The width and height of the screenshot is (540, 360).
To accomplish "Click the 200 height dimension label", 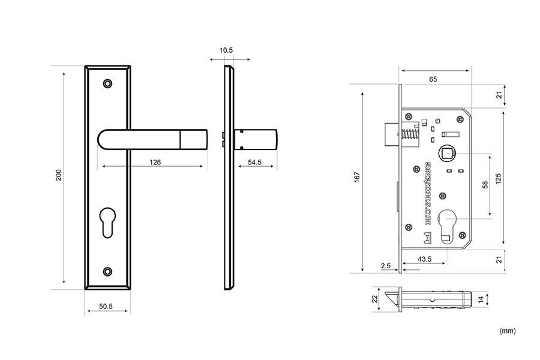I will click(58, 175).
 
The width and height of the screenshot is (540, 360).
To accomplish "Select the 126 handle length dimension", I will click(155, 162).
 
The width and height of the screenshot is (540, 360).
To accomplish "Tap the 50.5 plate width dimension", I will click(106, 307).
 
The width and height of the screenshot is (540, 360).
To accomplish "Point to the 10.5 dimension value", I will click(226, 50).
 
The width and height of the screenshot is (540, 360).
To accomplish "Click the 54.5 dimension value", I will click(254, 162).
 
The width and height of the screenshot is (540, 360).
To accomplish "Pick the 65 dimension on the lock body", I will click(433, 79).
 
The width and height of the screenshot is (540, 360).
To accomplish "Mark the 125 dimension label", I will click(498, 178).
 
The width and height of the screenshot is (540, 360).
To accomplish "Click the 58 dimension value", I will click(485, 185).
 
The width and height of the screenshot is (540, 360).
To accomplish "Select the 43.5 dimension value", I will click(425, 259).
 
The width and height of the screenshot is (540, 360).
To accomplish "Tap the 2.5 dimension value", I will click(385, 265).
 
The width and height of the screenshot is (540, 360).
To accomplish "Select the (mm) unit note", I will click(507, 331).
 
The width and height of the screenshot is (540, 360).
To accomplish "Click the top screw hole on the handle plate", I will click(108, 83).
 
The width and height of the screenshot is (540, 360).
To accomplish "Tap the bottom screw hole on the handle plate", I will click(108, 271).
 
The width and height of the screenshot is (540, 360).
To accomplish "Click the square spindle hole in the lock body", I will click(446, 154).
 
